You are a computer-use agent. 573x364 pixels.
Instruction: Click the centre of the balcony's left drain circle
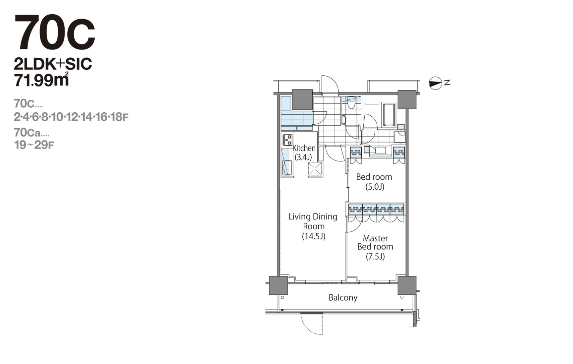(x=282, y=297)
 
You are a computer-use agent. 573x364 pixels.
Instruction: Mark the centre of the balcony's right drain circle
(x=402, y=297)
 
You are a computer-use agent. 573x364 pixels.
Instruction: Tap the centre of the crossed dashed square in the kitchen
(x=315, y=169)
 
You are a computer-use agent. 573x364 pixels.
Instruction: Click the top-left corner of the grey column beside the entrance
(x=292, y=90)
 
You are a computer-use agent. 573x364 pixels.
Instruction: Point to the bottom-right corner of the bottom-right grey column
(x=416, y=294)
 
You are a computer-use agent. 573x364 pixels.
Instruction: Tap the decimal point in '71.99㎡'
(x=30, y=85)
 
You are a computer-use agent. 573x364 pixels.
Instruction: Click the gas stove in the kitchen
(x=287, y=140)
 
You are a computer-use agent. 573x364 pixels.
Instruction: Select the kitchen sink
(x=287, y=167)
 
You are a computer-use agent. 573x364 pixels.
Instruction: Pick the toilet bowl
(x=351, y=103)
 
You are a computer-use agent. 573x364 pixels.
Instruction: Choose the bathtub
(x=389, y=115)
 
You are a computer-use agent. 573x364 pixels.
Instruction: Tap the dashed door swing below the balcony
(x=311, y=324)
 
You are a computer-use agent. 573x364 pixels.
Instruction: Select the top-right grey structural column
(x=407, y=99)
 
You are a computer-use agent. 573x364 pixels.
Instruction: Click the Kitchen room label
(x=304, y=148)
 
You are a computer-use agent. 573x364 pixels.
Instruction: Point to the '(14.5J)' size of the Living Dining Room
(x=313, y=236)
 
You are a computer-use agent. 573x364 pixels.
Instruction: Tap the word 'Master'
(x=375, y=238)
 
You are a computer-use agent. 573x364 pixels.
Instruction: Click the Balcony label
(x=343, y=297)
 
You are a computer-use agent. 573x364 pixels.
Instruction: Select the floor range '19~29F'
(x=34, y=145)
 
